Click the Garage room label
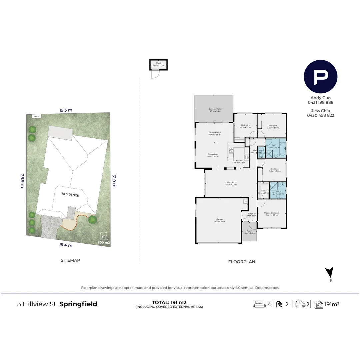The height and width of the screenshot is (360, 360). pyautogui.click(x=219, y=220)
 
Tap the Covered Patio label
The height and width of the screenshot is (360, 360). pyautogui.click(x=215, y=110)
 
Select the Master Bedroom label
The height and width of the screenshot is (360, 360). pyautogui.click(x=272, y=214)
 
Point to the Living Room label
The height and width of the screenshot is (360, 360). pyautogui.click(x=231, y=183)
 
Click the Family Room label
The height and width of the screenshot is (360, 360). pyautogui.click(x=215, y=133)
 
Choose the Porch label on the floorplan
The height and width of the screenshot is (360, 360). pyautogui.click(x=249, y=232)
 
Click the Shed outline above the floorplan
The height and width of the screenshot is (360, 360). pyautogui.click(x=158, y=65)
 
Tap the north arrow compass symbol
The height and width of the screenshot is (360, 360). pyautogui.click(x=329, y=273)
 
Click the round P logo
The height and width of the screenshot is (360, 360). pyautogui.click(x=320, y=77)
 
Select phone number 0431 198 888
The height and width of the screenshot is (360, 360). pyautogui.click(x=320, y=102)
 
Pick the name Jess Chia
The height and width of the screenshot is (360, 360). pyautogui.click(x=320, y=111)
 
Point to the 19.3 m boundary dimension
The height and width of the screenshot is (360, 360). pyautogui.click(x=66, y=110)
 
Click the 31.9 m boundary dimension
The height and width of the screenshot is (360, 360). pyautogui.click(x=114, y=181)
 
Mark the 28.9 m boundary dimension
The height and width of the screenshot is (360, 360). pyautogui.click(x=22, y=181)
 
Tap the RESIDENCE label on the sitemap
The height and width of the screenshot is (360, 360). pyautogui.click(x=70, y=195)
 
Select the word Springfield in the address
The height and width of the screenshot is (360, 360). pyautogui.click(x=78, y=304)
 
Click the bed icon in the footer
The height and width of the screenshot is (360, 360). pyautogui.click(x=260, y=304)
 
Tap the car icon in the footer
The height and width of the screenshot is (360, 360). pyautogui.click(x=300, y=304)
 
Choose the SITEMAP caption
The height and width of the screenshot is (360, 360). pyautogui.click(x=70, y=260)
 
